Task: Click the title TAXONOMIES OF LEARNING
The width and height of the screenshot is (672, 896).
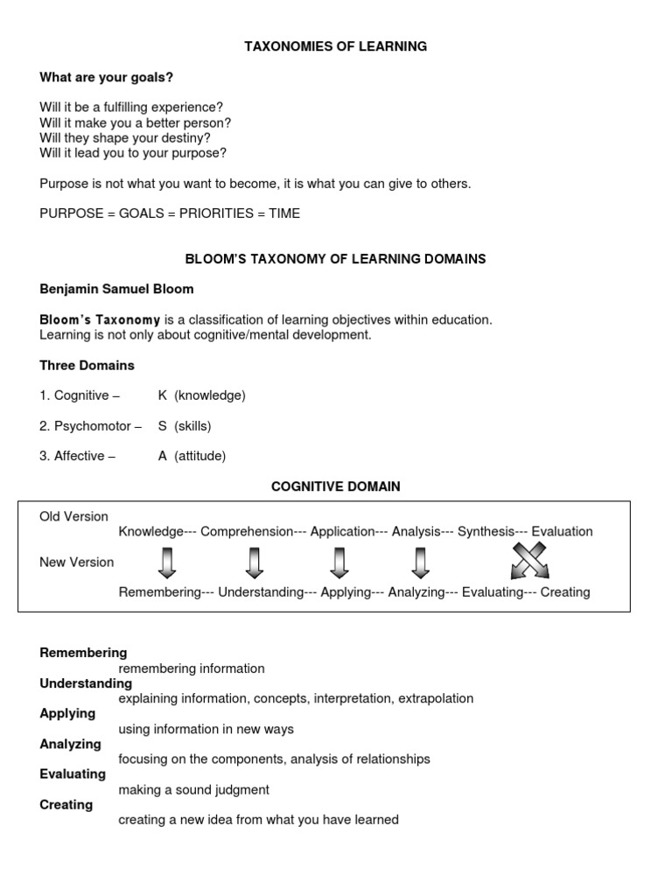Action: pyautogui.click(x=335, y=46)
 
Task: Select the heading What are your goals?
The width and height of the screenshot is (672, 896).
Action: pyautogui.click(x=106, y=77)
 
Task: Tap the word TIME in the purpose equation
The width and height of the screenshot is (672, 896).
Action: pyautogui.click(x=284, y=213)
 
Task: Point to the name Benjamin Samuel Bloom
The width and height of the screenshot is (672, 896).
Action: pyautogui.click(x=116, y=289)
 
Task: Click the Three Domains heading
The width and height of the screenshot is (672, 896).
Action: pyautogui.click(x=87, y=365)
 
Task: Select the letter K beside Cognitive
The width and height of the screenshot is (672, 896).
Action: pyautogui.click(x=163, y=395)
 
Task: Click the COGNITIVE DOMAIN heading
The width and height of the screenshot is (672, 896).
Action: pyautogui.click(x=335, y=486)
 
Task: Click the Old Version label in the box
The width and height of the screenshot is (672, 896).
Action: pyautogui.click(x=73, y=516)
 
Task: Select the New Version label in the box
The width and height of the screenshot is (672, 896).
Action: pyautogui.click(x=76, y=562)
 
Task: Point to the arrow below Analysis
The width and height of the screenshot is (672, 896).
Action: pyautogui.click(x=420, y=562)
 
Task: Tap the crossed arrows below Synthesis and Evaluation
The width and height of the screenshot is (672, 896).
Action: pyautogui.click(x=530, y=561)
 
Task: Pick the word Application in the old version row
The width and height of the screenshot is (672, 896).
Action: pyautogui.click(x=342, y=531)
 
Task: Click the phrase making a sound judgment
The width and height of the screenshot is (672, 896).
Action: pyautogui.click(x=193, y=790)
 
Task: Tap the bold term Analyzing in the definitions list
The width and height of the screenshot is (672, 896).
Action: pyautogui.click(x=70, y=744)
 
